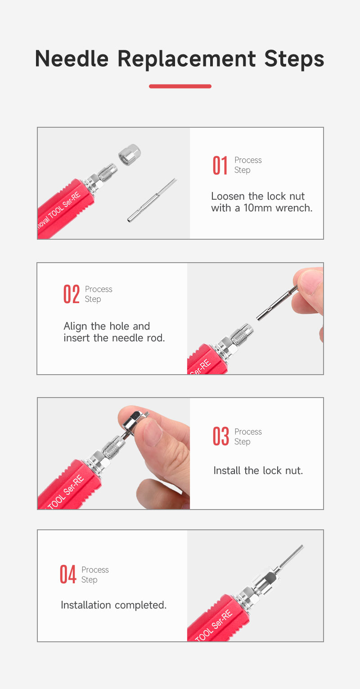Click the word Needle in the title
pos(72,58)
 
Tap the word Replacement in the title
pos(186,59)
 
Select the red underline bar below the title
pos(180,86)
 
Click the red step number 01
pos(220,166)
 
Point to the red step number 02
pos(72,294)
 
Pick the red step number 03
pos(220,436)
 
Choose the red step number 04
pos(67,574)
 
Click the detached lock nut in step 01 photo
pos(130,155)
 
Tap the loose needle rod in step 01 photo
pos(152,200)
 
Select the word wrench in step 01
pos(294,208)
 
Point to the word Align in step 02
pos(76,327)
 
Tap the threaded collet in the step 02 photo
pos(242,333)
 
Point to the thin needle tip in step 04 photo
pos(291,557)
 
